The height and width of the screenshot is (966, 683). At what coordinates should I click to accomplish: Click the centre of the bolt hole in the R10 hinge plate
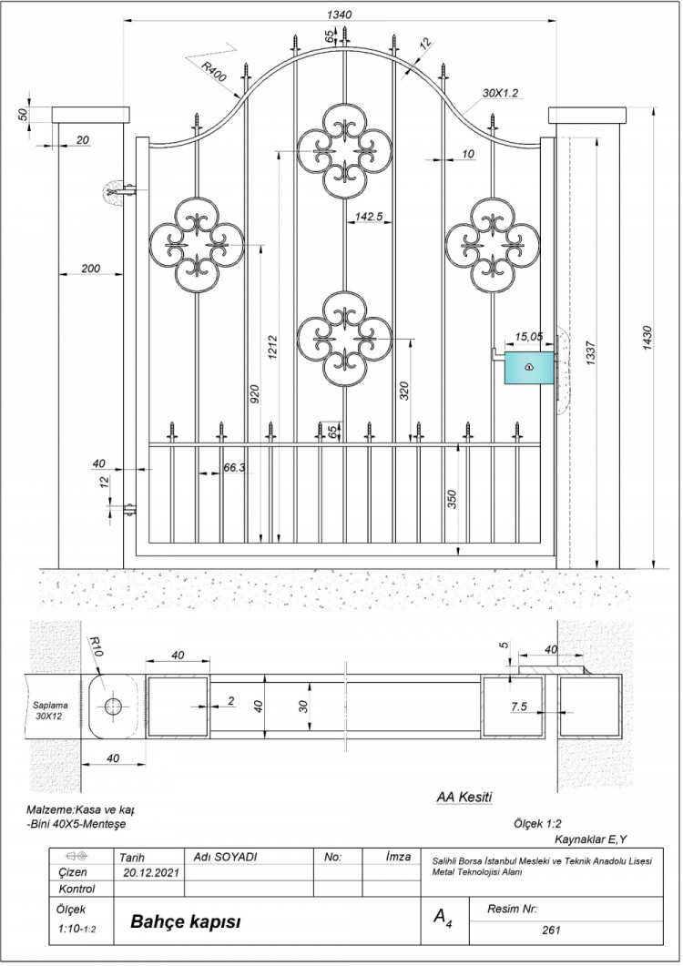[113, 707]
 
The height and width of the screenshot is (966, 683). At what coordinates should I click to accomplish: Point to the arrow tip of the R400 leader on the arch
[241, 98]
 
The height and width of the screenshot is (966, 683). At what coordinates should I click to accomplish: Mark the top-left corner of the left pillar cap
[53, 107]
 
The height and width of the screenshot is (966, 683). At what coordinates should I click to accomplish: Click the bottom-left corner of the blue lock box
[505, 384]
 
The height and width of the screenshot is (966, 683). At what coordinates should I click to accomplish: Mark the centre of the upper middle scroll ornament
[344, 151]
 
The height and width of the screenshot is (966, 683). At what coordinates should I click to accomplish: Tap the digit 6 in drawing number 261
[550, 930]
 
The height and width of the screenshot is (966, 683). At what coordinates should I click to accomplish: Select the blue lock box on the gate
[529, 368]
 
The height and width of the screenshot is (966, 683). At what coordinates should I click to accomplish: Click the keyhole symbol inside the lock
[529, 367]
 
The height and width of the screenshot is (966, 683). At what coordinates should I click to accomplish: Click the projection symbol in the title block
[77, 857]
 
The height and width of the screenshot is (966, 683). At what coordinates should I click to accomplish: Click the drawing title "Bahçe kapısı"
[186, 922]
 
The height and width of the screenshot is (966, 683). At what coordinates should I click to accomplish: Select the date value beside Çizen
[151, 872]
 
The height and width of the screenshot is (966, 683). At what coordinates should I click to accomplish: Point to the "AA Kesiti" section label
[464, 798]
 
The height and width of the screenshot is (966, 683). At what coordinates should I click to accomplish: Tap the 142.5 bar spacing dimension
[369, 217]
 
